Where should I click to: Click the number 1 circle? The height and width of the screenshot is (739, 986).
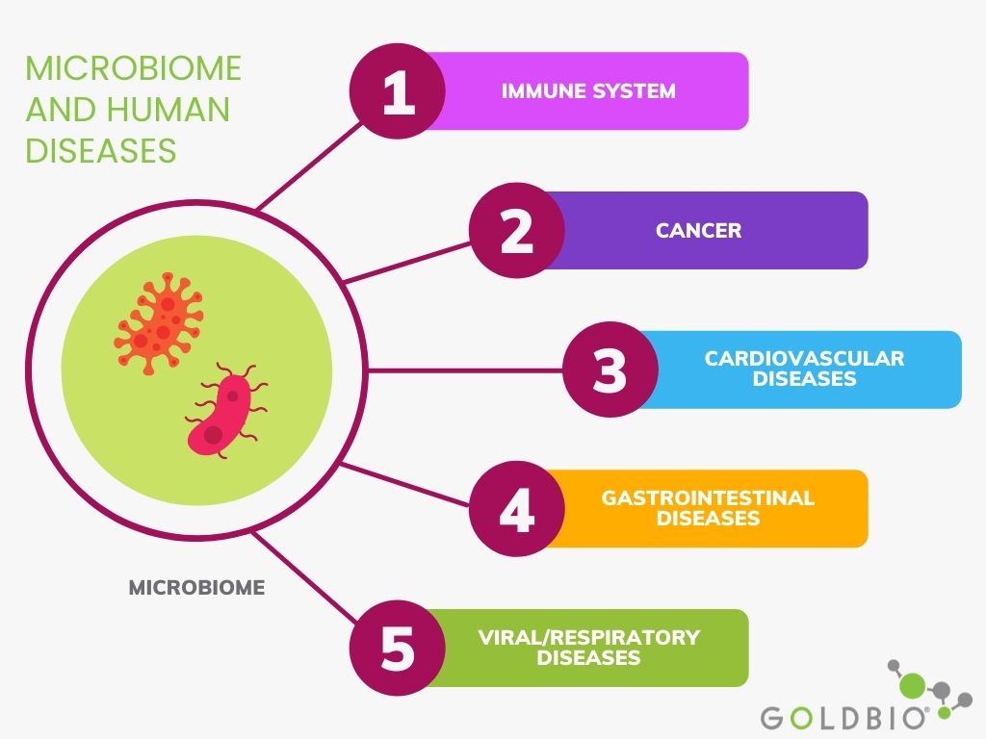point(398,91)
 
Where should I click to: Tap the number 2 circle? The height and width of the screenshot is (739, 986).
point(517,231)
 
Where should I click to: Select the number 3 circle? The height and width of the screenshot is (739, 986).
point(610,369)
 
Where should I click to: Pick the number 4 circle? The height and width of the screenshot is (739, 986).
point(517,509)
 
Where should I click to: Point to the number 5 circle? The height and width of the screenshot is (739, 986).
point(398,648)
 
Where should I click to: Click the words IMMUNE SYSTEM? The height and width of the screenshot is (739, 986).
point(588,91)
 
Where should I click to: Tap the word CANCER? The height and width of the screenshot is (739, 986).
point(699,231)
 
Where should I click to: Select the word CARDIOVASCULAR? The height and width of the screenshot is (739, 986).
point(804,358)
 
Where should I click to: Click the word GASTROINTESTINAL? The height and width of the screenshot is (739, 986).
point(708,497)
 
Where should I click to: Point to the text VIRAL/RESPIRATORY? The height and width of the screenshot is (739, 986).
point(588,637)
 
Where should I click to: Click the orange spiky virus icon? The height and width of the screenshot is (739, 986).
point(159,323)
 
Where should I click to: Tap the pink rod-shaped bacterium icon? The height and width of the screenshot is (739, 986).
point(225,410)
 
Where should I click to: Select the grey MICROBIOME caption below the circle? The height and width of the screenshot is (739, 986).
point(196,588)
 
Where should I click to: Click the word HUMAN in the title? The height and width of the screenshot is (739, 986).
point(168,110)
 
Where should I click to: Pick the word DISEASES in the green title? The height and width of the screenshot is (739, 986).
point(100,151)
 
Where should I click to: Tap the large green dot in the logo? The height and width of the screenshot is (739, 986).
point(913,684)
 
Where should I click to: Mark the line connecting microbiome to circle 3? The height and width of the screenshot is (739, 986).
point(465,370)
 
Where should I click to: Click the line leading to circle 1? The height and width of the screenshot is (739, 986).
point(310,166)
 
